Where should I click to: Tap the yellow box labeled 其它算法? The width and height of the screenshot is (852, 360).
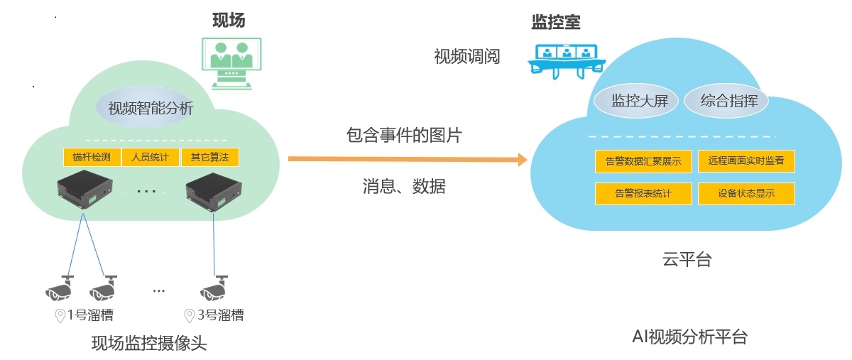pos(209,157)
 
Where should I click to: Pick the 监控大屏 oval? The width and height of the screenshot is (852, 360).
pos(635,101)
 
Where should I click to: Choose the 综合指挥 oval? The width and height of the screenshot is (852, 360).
pos(728,101)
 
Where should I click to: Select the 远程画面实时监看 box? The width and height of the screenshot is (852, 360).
pos(746,161)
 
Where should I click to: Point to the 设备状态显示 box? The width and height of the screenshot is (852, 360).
pos(746,193)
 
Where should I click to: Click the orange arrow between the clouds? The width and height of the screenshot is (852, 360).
pos(408,159)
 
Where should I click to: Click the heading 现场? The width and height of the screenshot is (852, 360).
pos(229,21)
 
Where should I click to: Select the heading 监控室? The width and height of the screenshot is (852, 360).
pos(556,22)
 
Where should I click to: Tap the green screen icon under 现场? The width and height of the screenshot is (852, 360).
pos(232,62)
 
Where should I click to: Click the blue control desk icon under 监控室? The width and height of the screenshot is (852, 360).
pos(566,60)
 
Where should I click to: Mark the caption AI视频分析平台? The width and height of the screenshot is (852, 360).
pos(689,337)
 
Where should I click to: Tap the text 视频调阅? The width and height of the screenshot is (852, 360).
pos(466,57)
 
